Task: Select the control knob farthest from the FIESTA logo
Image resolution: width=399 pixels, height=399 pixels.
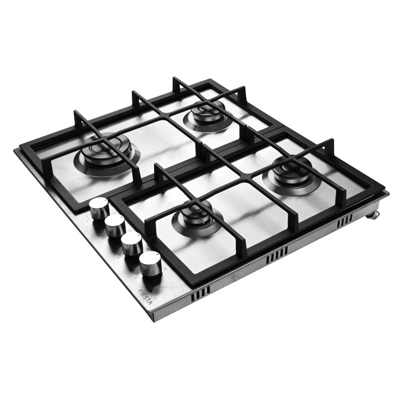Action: pyautogui.click(x=99, y=208)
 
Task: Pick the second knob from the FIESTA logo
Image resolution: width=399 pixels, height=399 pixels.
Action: pyautogui.click(x=132, y=245)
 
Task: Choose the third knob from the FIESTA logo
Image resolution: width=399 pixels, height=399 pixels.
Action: pyautogui.click(x=115, y=226)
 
